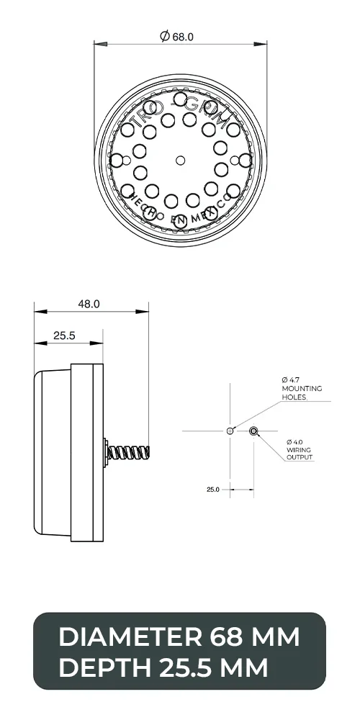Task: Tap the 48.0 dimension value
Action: click(x=89, y=305)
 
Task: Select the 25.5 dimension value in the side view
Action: click(x=64, y=336)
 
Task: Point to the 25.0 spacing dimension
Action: click(x=213, y=490)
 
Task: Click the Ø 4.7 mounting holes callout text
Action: click(x=301, y=388)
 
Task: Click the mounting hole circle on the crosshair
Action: click(x=230, y=431)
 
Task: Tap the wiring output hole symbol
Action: click(x=253, y=431)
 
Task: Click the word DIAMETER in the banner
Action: click(x=129, y=637)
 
